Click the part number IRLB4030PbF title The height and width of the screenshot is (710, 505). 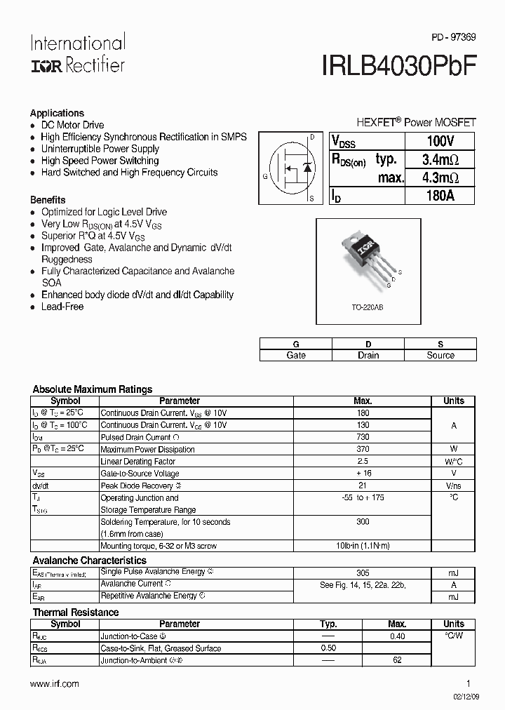click(400, 65)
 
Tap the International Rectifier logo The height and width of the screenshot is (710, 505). click(77, 53)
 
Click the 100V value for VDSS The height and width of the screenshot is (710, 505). click(440, 141)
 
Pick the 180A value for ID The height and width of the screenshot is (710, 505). click(440, 196)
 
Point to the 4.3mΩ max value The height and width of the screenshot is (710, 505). click(440, 177)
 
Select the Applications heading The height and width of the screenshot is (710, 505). click(57, 113)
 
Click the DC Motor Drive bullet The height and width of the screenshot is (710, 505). click(72, 125)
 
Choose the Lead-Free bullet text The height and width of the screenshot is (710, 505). click(62, 307)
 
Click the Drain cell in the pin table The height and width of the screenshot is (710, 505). click(368, 355)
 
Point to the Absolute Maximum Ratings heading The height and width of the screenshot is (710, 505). click(93, 389)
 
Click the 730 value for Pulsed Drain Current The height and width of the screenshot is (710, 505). click(363, 437)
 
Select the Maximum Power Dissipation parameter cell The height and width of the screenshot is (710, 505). click(147, 449)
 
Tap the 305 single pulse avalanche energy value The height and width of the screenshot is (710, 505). click(363, 572)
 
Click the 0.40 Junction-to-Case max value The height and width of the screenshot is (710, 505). click(397, 636)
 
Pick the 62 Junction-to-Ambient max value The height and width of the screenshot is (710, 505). click(397, 660)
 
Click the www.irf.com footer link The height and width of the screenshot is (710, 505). click(55, 683)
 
